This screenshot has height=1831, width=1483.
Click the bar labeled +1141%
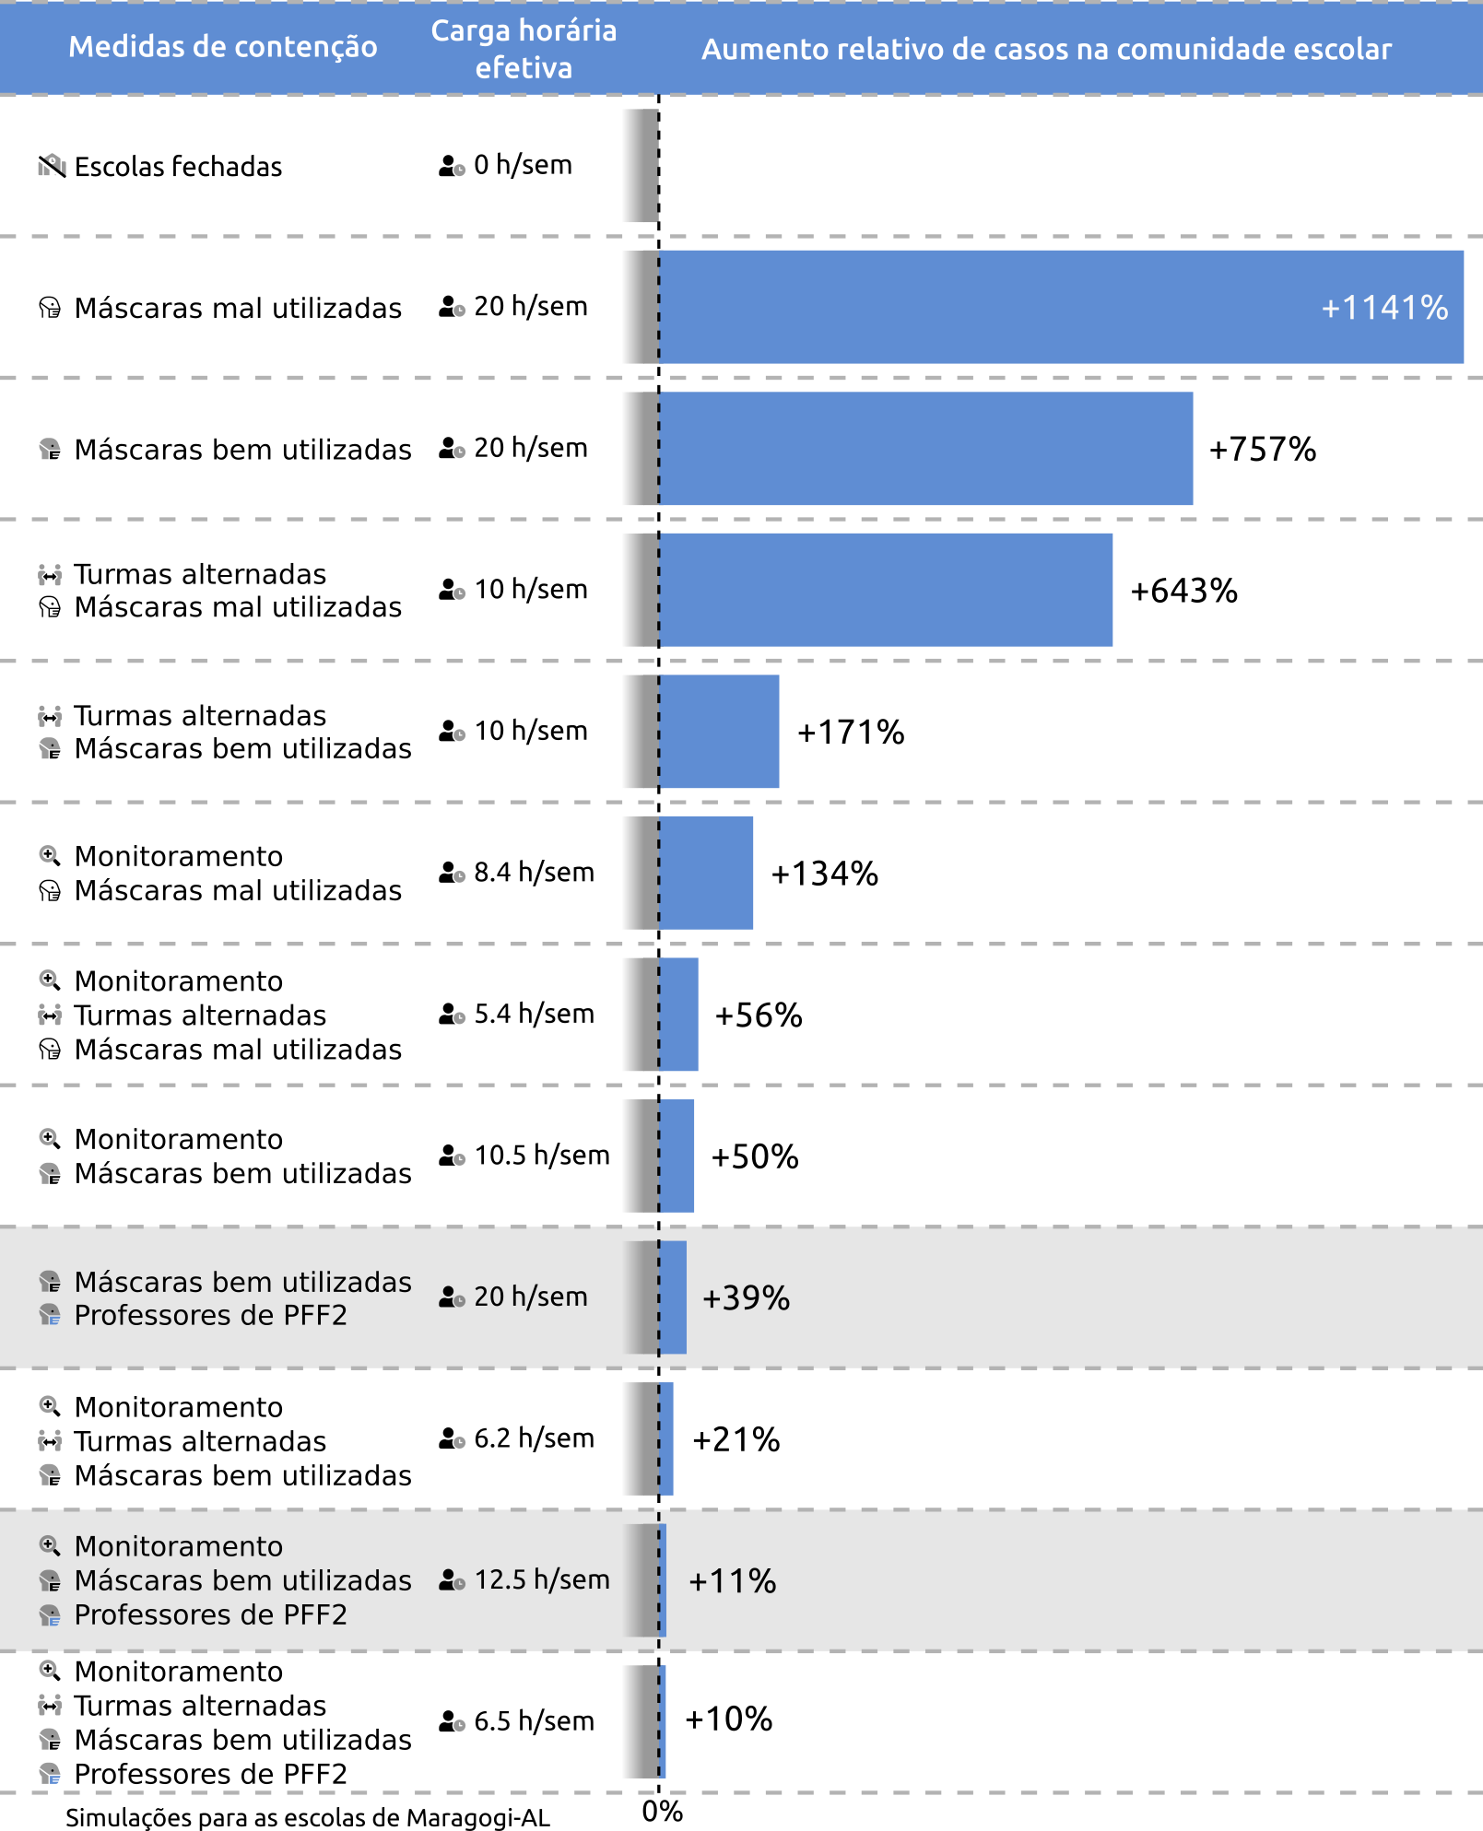(x=1060, y=307)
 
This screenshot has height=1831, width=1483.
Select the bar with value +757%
(x=925, y=449)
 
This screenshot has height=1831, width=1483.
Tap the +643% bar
(x=885, y=590)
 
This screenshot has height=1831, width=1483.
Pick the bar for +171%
(x=719, y=732)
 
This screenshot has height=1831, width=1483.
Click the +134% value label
(x=824, y=874)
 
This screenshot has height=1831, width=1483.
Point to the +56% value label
(x=759, y=1015)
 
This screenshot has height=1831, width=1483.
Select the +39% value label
(x=746, y=1298)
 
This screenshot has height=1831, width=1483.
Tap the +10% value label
(x=728, y=1719)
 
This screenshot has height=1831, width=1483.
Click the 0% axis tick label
(x=662, y=1812)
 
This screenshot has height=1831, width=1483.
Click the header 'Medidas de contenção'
(x=223, y=46)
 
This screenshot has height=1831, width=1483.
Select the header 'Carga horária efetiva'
(x=524, y=49)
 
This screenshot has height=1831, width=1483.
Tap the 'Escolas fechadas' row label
(x=178, y=167)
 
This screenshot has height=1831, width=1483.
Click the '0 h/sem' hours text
(x=523, y=165)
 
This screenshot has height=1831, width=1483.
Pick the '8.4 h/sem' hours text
(x=534, y=872)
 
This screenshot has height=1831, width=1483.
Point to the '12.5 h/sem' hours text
(x=541, y=1579)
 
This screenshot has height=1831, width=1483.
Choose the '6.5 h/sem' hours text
(x=534, y=1721)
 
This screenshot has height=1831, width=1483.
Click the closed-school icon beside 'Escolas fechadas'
(x=52, y=166)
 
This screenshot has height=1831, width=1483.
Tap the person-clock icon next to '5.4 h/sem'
(x=451, y=1015)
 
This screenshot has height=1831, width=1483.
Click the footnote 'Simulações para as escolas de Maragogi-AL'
(x=308, y=1817)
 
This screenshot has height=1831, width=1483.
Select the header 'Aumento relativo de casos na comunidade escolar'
(x=1046, y=49)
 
